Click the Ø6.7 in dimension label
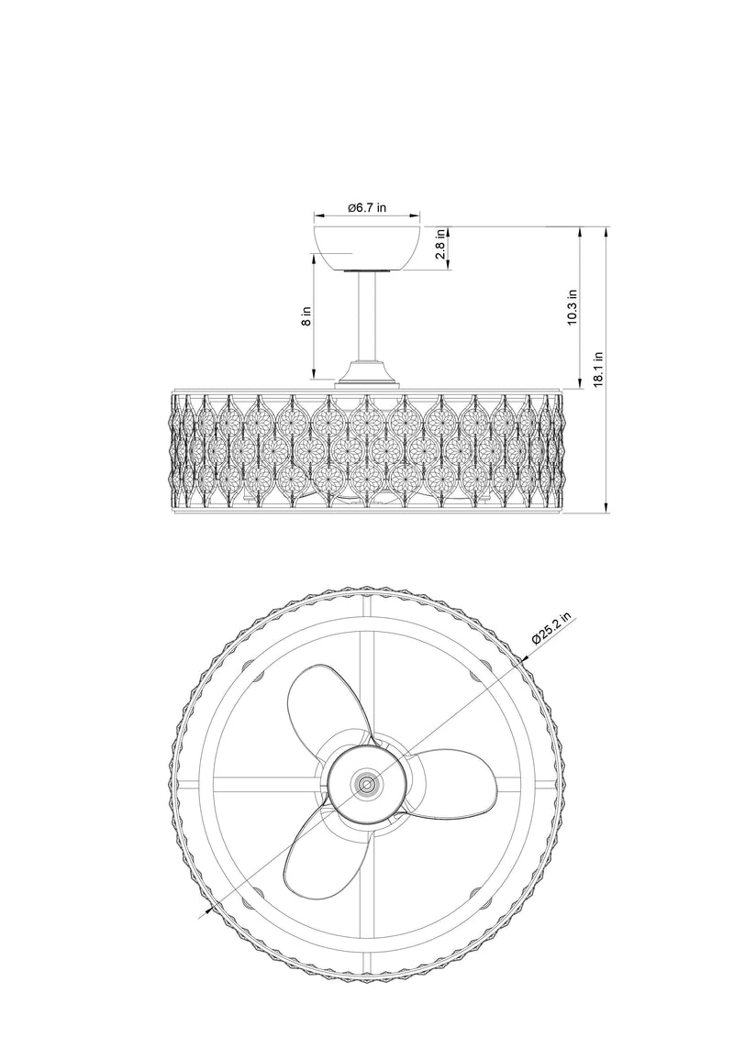[x=367, y=207]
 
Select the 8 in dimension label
[x=306, y=317]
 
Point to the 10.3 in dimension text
[x=573, y=306]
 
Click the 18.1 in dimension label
[x=598, y=369]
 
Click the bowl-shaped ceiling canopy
[x=367, y=248]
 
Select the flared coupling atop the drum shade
[x=367, y=373]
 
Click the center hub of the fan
[x=367, y=784]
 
